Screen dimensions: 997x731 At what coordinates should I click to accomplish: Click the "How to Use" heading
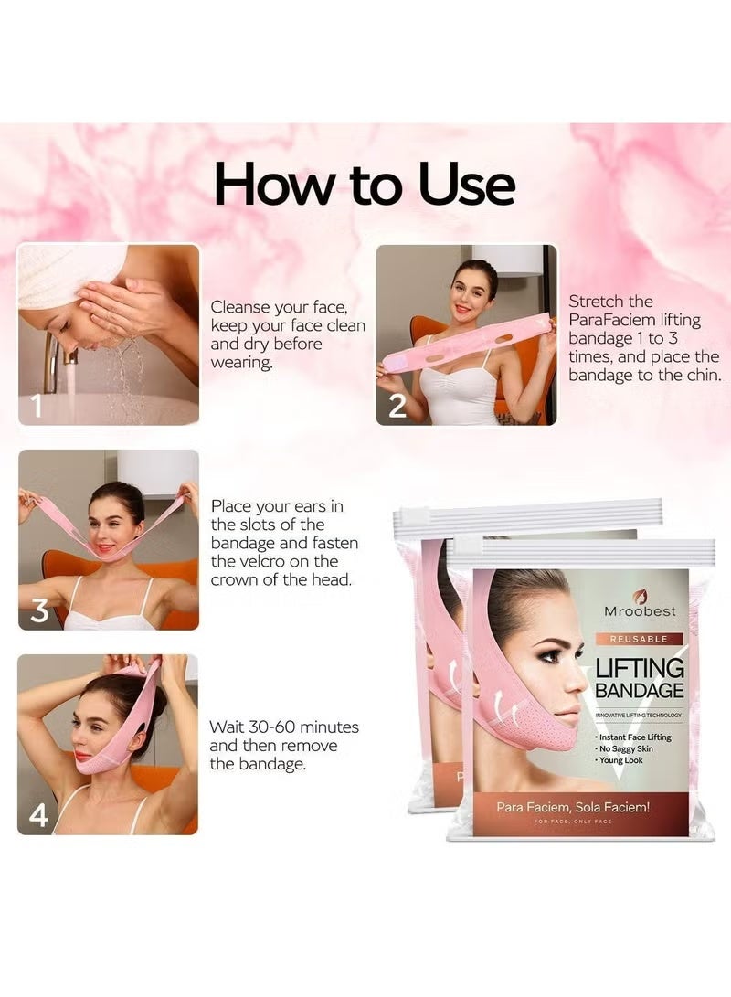365,185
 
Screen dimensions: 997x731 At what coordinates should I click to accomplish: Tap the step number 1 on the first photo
36,405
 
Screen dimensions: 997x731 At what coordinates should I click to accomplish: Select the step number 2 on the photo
397,405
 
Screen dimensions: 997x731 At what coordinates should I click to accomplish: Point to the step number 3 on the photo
38,610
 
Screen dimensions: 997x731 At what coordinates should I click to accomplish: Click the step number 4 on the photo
37,813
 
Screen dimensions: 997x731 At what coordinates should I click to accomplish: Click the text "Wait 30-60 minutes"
284,727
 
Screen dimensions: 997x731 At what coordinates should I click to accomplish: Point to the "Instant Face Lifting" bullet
636,737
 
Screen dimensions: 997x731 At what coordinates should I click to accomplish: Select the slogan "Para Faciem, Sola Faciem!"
573,807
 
